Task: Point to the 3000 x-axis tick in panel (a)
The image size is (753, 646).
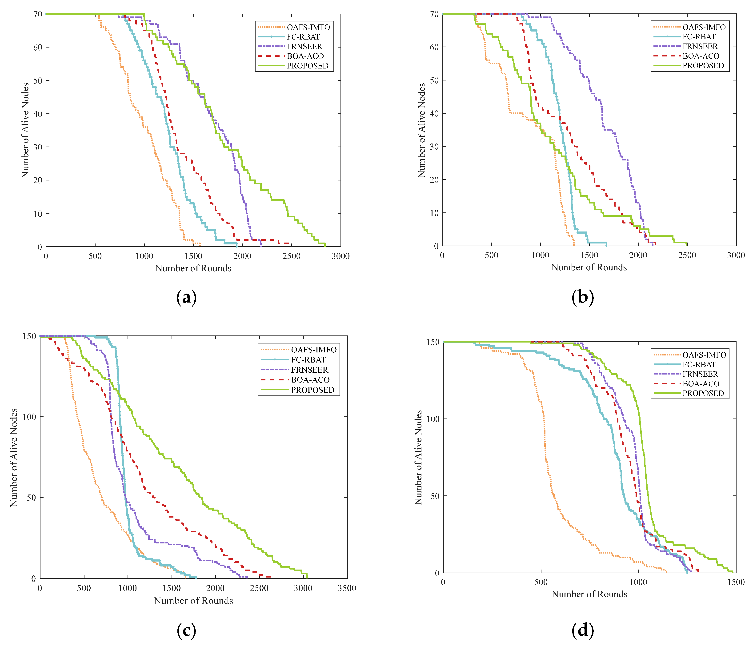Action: click(x=340, y=256)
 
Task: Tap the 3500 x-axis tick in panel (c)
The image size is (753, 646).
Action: click(x=347, y=588)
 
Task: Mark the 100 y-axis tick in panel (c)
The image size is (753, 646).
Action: click(x=29, y=417)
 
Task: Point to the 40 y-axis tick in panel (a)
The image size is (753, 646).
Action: click(x=38, y=114)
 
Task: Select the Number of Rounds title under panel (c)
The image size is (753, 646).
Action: click(x=193, y=601)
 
